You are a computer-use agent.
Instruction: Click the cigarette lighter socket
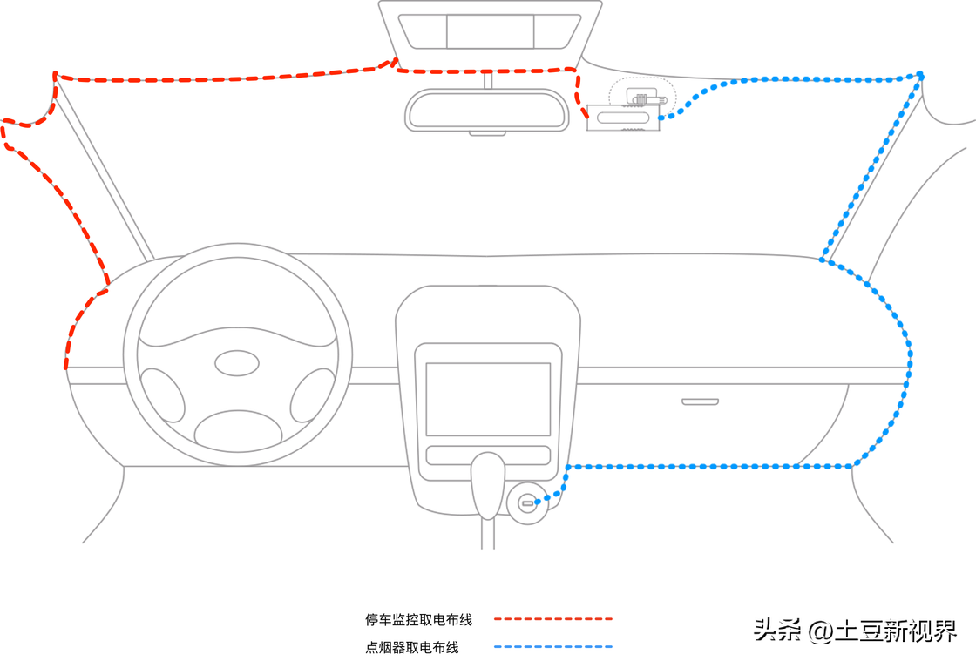(527, 503)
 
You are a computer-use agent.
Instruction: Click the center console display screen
(488, 399)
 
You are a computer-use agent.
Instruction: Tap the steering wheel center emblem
(237, 363)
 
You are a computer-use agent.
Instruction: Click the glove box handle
(700, 401)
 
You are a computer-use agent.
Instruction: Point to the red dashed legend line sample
(553, 619)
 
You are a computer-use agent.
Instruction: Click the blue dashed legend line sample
(553, 647)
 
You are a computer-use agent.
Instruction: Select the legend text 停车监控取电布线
(418, 620)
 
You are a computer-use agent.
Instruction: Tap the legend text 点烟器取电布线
(411, 648)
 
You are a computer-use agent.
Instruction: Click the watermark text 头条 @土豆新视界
(855, 631)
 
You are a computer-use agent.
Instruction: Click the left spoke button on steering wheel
(163, 396)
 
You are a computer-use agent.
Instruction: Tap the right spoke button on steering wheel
(311, 396)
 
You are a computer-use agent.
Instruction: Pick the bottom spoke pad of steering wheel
(237, 429)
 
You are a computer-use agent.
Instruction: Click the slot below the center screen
(488, 455)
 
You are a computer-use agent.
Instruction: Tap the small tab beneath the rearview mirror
(487, 133)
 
